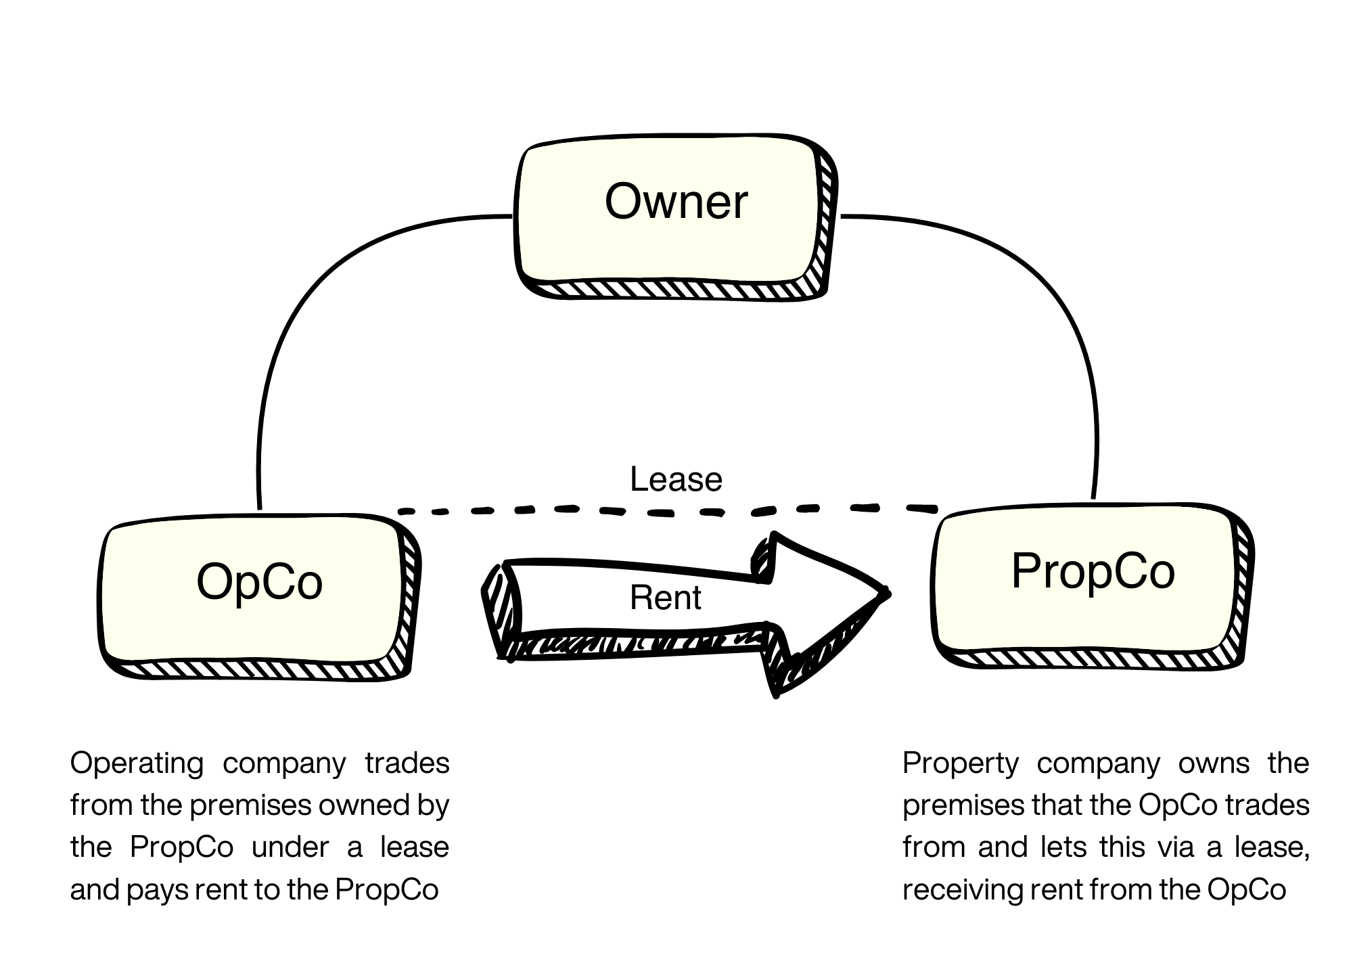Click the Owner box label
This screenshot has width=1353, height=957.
pos(676,201)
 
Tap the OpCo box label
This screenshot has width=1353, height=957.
pos(259,581)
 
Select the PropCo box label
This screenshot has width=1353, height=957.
pos(1093,571)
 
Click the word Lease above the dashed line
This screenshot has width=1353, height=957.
pos(676,479)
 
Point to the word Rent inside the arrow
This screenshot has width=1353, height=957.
pos(665,598)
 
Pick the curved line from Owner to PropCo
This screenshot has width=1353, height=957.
pos(1055,305)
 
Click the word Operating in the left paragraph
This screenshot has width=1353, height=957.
pos(136,763)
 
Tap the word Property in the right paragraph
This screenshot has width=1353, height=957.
pos(960,763)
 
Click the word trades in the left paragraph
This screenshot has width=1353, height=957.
pos(407,763)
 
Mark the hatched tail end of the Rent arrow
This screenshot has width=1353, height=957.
pos(499,609)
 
